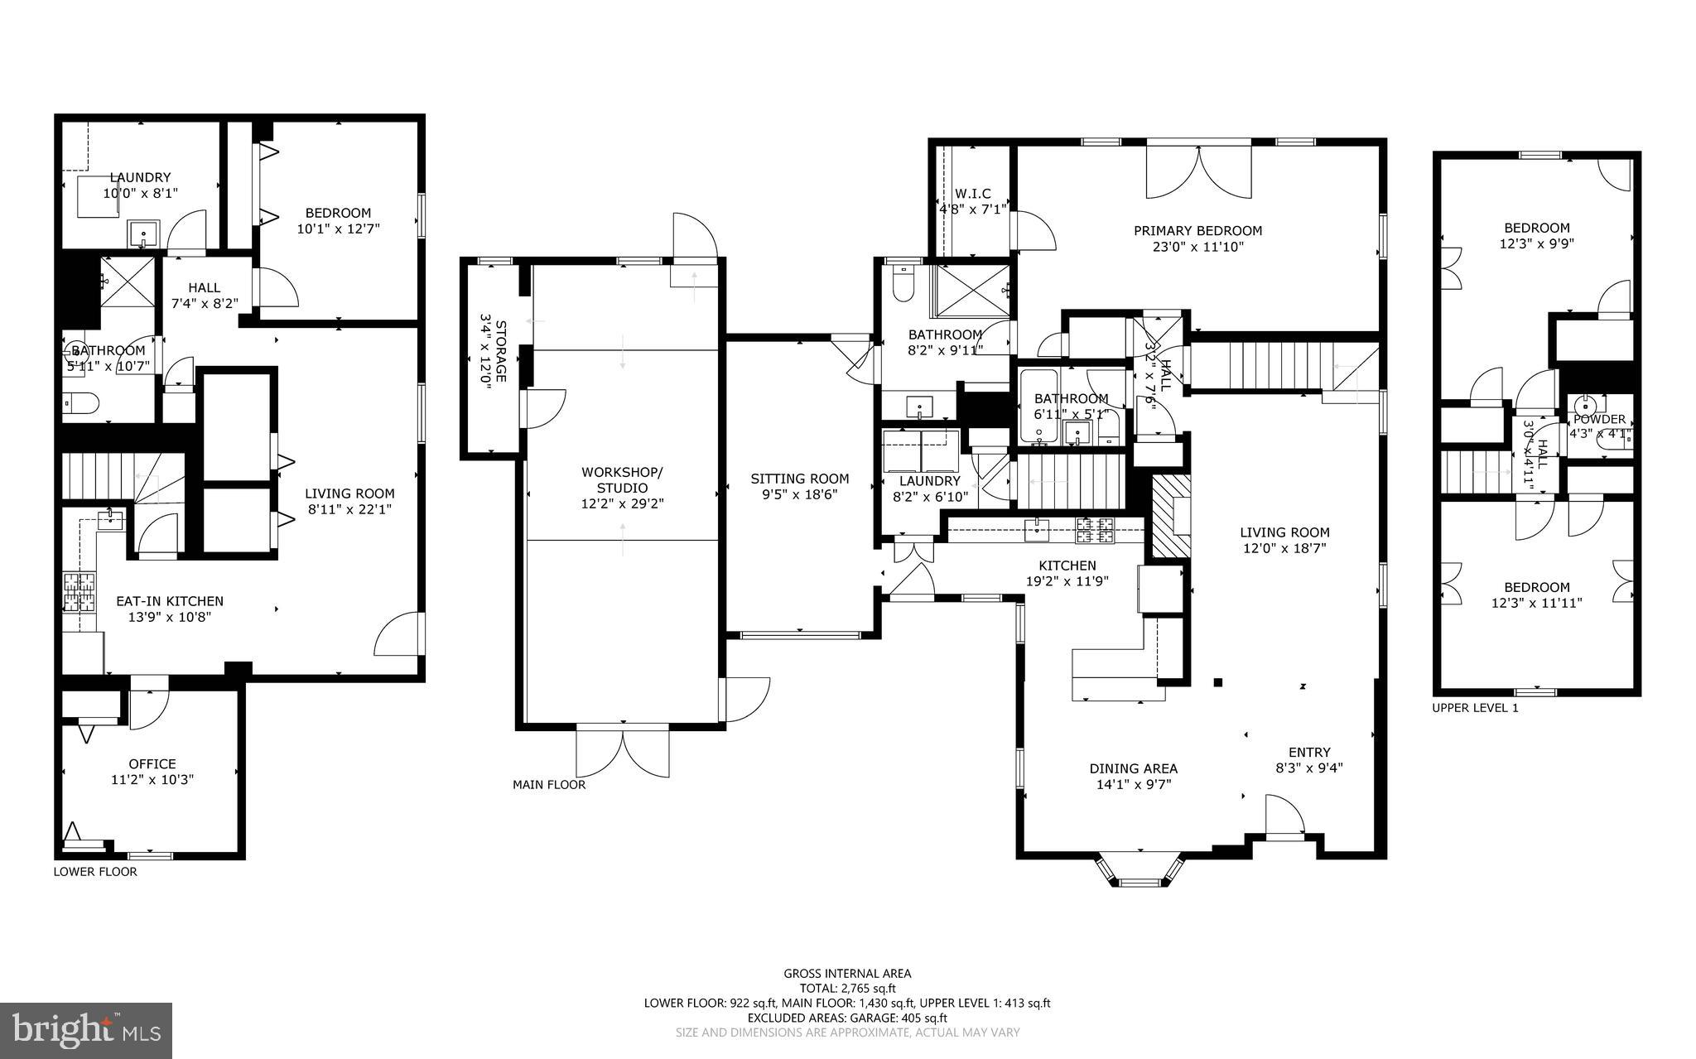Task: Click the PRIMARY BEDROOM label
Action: (1197, 231)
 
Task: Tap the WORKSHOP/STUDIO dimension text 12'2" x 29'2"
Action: (622, 503)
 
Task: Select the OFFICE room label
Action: (152, 763)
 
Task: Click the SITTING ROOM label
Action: (799, 479)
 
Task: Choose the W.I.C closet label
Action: (971, 194)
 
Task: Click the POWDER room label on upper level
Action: (1599, 419)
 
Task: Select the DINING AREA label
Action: (1133, 768)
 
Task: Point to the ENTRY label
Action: (1308, 752)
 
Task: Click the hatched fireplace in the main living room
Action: (1171, 515)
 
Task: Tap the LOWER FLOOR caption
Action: (95, 871)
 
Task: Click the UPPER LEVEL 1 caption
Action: (1475, 708)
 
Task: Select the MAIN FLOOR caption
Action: (548, 784)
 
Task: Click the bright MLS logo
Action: (86, 1030)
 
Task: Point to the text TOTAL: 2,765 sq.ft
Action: (847, 988)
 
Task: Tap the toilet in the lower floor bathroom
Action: (81, 403)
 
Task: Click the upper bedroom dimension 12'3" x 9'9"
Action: (1536, 243)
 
